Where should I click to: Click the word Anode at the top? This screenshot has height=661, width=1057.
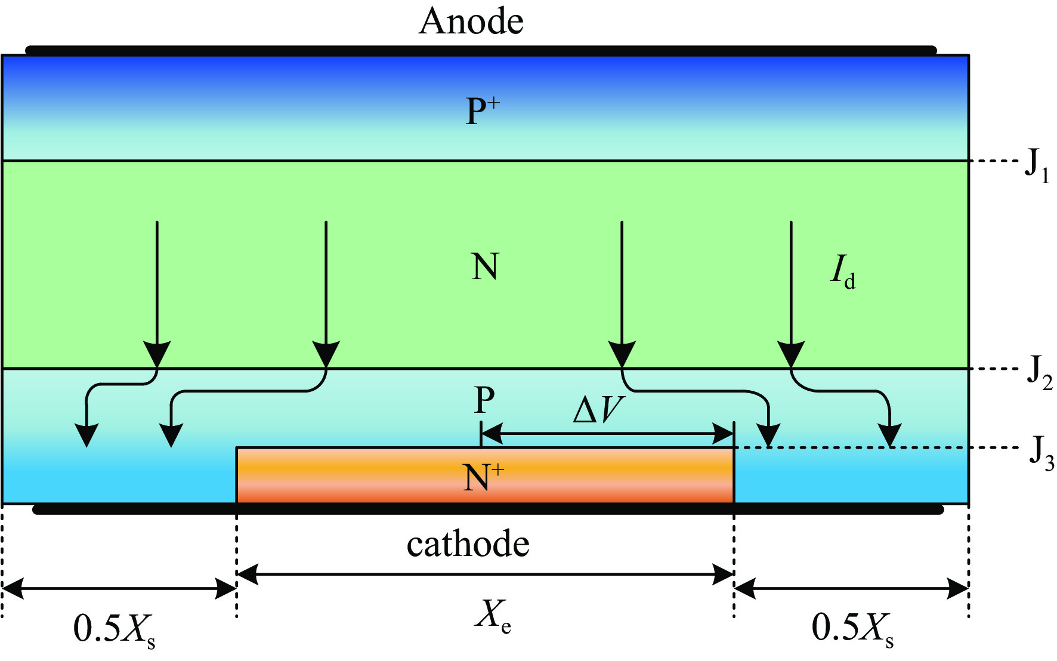click(x=471, y=22)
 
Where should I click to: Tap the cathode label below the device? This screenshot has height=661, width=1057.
click(x=468, y=544)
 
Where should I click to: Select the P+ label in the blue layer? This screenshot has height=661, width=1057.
click(x=482, y=111)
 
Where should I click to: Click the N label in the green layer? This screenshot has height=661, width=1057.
click(x=484, y=267)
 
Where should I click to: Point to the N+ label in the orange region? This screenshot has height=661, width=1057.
click(x=483, y=477)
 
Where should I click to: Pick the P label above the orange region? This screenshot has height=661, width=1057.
click(x=484, y=400)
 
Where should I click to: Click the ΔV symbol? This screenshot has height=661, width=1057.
click(x=598, y=410)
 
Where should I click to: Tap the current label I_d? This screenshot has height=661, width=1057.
click(x=843, y=271)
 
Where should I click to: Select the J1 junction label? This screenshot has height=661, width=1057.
click(x=1037, y=165)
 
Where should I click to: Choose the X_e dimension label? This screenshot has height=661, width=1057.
click(x=493, y=614)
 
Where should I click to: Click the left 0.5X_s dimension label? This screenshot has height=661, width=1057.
click(x=114, y=629)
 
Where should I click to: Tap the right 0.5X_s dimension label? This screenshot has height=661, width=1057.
click(x=852, y=629)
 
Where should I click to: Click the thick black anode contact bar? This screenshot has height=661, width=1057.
click(x=481, y=50)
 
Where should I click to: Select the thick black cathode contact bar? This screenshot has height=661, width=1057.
click(x=488, y=509)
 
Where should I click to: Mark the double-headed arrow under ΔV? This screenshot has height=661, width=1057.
click(x=607, y=434)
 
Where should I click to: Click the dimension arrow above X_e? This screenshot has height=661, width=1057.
click(x=485, y=574)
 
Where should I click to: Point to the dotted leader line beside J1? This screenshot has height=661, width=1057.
click(x=994, y=161)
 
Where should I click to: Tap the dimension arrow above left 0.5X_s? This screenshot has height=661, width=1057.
click(x=119, y=589)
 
